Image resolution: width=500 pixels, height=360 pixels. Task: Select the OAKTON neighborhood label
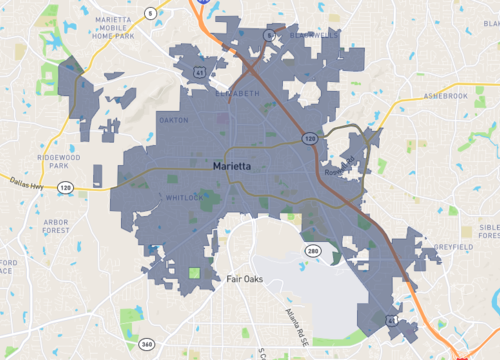(173, 121)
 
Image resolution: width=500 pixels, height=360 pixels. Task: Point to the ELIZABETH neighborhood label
(237, 93)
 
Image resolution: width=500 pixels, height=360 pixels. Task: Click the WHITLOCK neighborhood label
(182, 197)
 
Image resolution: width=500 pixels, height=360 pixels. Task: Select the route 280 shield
(312, 250)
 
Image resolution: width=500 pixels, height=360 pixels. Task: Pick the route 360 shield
(146, 343)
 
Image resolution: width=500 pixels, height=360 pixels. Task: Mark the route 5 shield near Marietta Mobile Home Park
(151, 13)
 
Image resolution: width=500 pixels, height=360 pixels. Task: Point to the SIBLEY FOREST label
(489, 232)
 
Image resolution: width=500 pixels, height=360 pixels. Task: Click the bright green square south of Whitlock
(194, 272)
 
